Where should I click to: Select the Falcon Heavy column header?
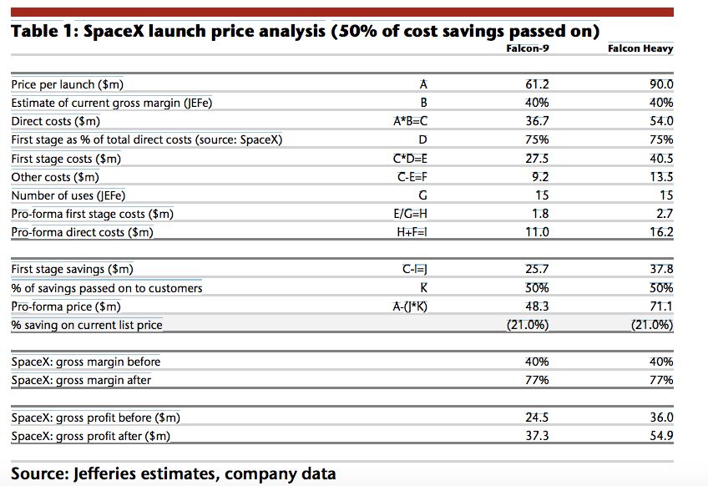640,48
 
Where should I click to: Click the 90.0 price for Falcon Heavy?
661,84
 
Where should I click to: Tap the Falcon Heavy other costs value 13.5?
661,177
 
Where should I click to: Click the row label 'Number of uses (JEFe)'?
68,195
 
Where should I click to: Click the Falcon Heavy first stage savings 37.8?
661,269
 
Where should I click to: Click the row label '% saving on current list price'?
87,325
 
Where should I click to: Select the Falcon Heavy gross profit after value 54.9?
661,436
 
